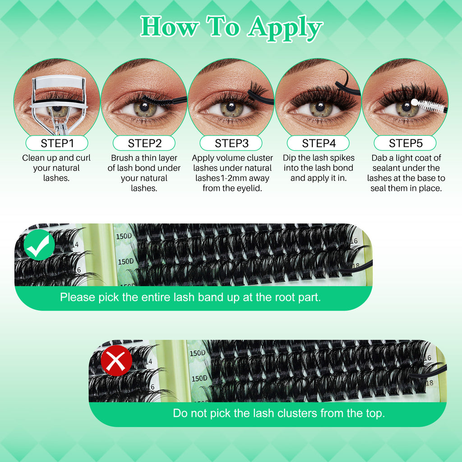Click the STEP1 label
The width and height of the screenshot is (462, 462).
pyautogui.click(x=56, y=143)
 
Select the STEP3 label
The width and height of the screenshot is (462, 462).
pyautogui.click(x=231, y=143)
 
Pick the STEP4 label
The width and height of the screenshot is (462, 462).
pyautogui.click(x=319, y=143)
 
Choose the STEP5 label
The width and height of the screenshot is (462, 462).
pyautogui.click(x=406, y=143)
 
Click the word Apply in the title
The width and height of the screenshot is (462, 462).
pyautogui.click(x=285, y=28)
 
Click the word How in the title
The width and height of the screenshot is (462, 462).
pyautogui.click(x=169, y=28)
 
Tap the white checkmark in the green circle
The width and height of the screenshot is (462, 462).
pyautogui.click(x=39, y=245)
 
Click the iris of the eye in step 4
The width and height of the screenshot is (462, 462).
pyautogui.click(x=319, y=109)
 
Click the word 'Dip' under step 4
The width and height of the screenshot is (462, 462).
pyautogui.click(x=290, y=158)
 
